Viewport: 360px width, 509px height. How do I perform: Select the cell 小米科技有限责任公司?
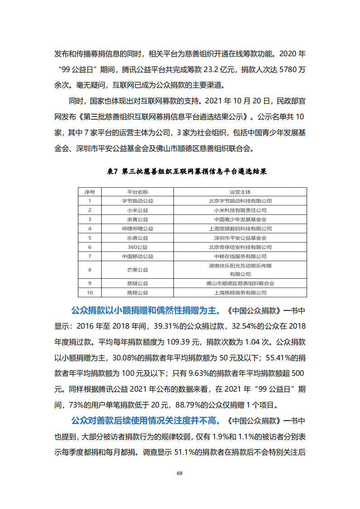coord(240,210)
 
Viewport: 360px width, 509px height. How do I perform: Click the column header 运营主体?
coord(240,192)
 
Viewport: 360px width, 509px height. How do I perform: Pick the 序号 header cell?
coord(90,192)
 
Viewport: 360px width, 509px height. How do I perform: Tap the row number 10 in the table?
coord(90,293)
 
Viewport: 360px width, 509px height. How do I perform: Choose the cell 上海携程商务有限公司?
coord(240,293)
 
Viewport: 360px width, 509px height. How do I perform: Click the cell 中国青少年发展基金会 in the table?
coord(240,219)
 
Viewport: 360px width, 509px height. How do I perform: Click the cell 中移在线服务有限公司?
coord(240,256)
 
